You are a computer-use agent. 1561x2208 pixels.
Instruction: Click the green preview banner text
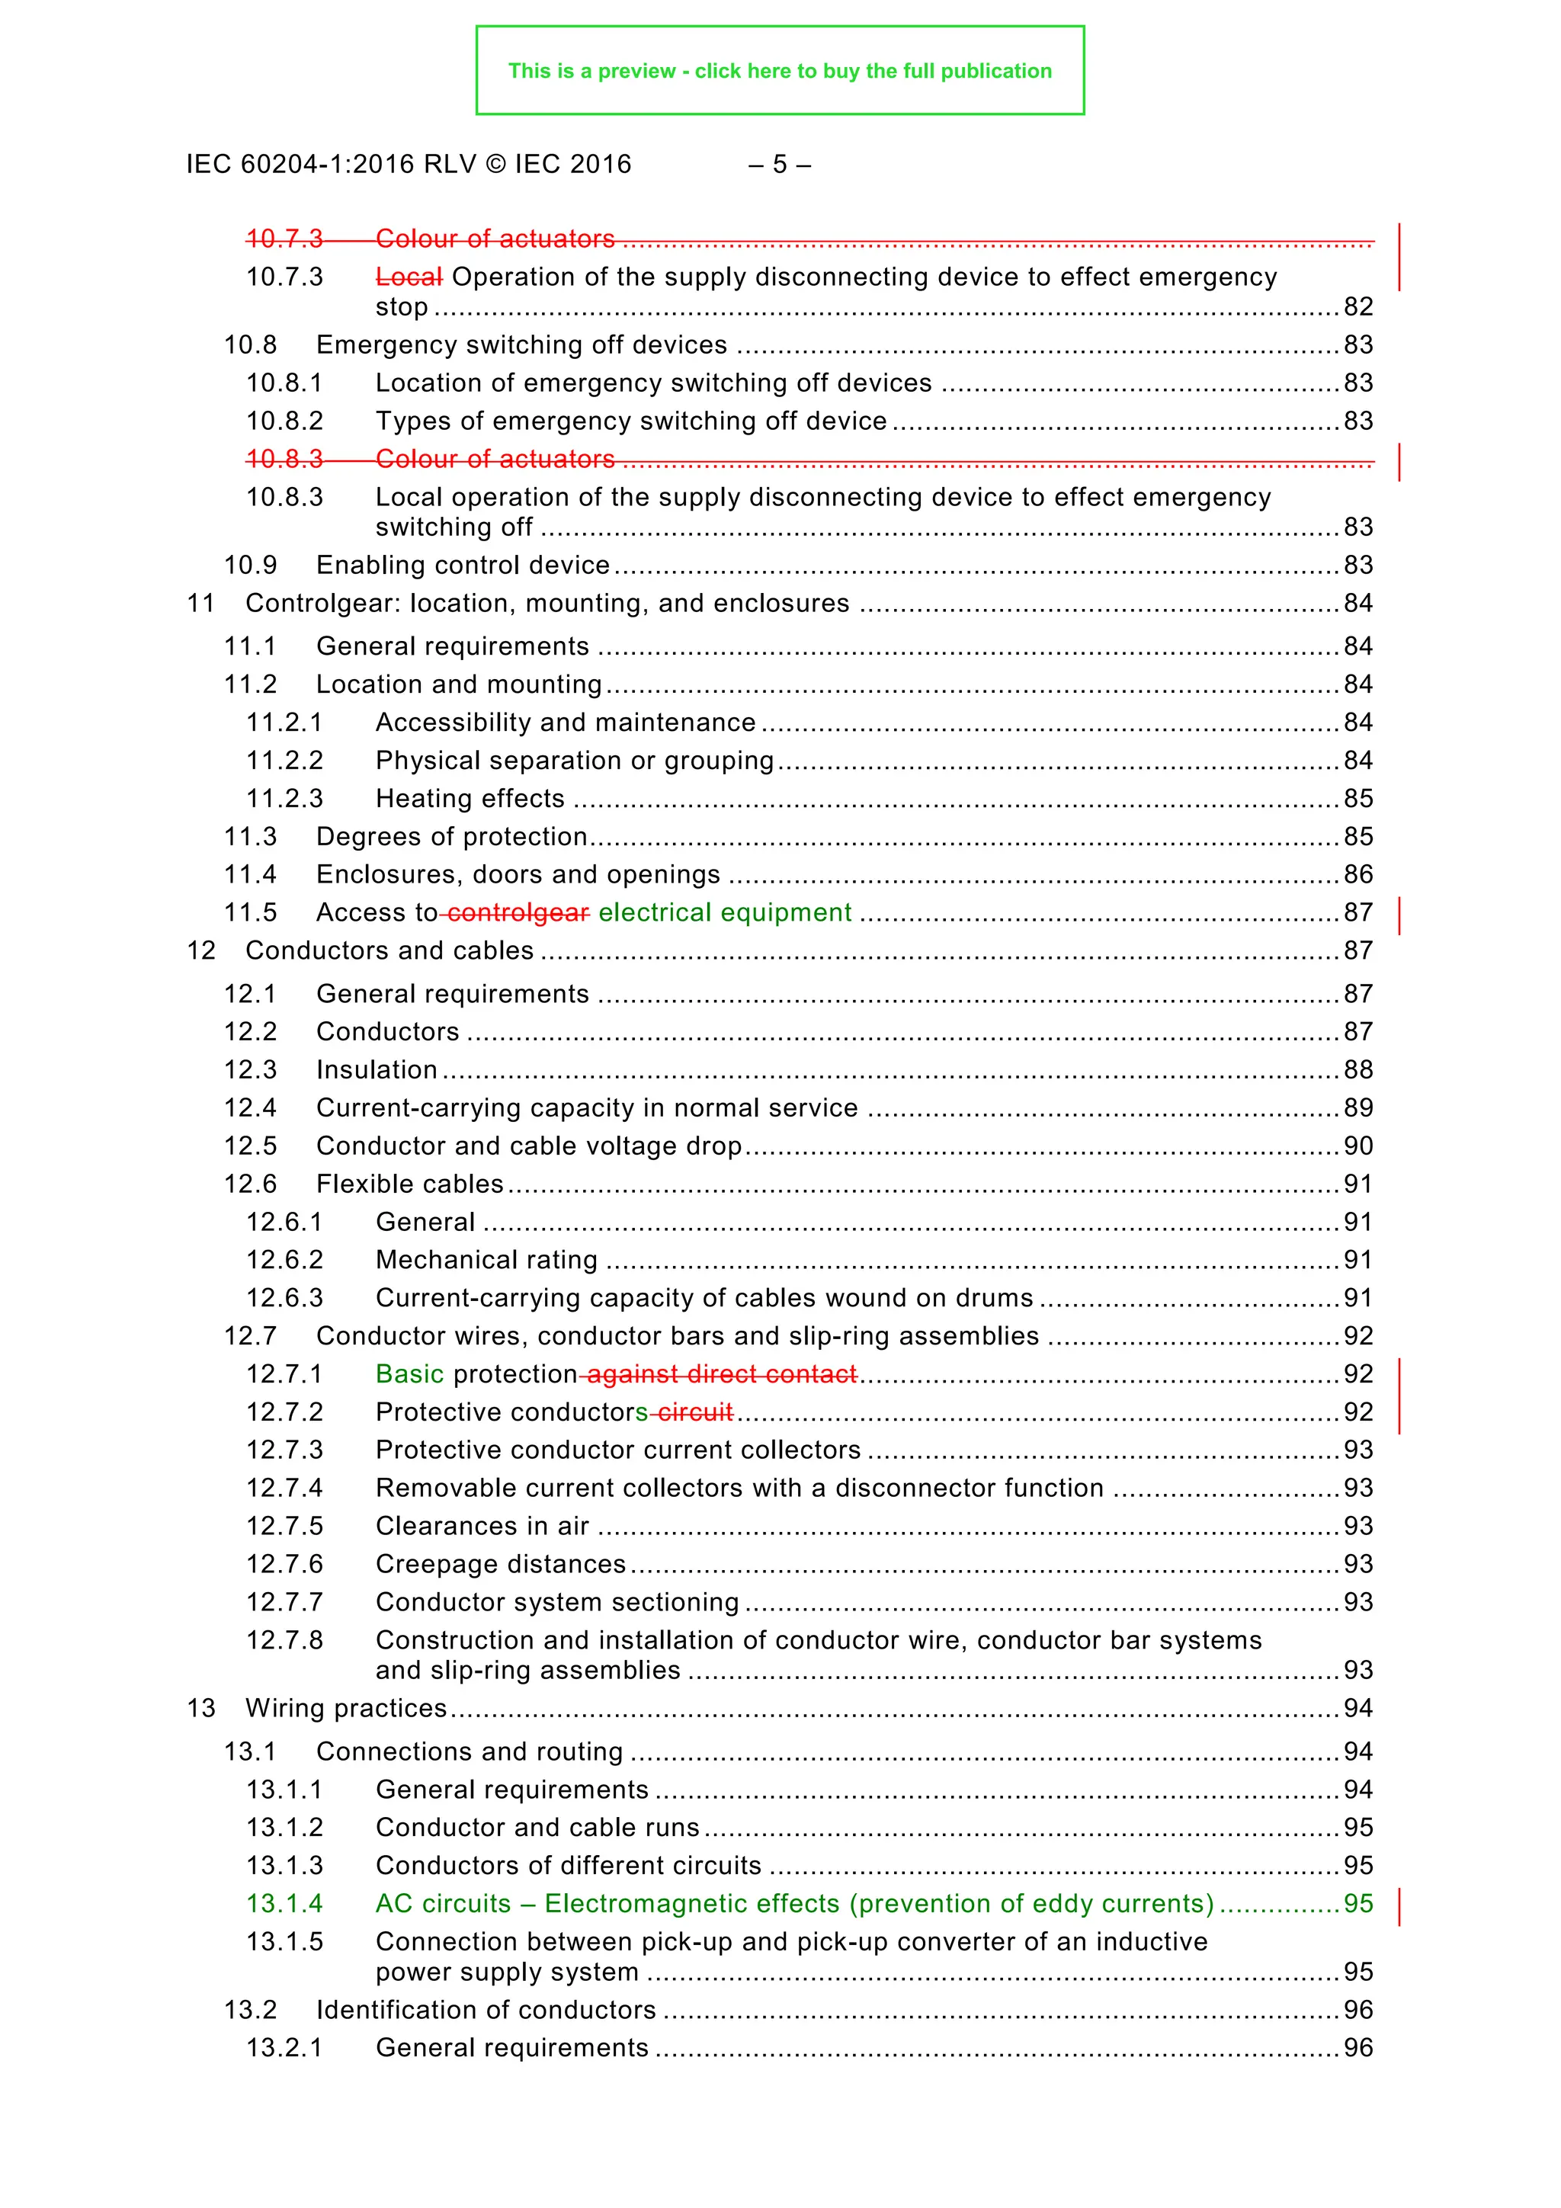779,71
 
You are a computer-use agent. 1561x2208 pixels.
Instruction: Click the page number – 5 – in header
779,165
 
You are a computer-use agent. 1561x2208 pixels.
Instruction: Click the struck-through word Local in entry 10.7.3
409,277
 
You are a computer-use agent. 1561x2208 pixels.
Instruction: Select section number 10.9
250,566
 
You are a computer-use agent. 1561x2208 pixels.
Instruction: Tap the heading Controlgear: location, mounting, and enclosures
547,604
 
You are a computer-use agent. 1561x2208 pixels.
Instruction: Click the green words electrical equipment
724,912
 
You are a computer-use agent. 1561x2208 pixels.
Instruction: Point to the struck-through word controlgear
518,912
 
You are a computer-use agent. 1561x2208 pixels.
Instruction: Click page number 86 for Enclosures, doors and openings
1357,875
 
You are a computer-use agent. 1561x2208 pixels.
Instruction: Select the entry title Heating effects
470,800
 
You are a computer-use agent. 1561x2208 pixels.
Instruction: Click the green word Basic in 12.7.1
410,1374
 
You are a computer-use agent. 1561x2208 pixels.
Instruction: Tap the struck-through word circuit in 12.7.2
695,1413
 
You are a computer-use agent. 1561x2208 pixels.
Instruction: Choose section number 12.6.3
285,1298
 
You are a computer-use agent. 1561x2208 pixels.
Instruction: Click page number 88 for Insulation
1357,1070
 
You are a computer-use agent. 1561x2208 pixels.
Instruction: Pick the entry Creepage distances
500,1565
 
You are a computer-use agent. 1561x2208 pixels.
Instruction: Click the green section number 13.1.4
285,1904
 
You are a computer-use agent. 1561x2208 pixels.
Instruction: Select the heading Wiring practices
346,1709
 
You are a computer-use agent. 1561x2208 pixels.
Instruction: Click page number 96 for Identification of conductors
1357,2011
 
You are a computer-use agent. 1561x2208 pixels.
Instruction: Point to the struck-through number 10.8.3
285,460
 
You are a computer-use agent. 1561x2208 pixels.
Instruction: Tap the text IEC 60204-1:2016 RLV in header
331,165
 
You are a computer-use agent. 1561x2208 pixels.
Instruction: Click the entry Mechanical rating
487,1261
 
